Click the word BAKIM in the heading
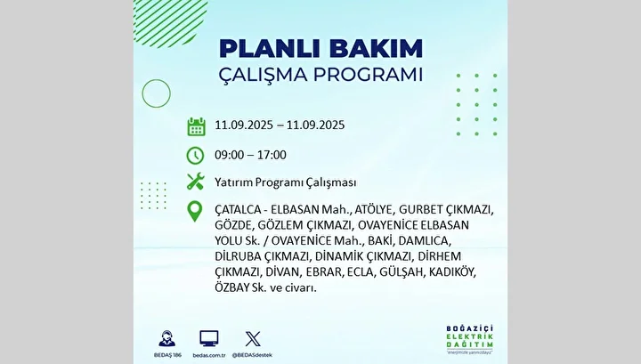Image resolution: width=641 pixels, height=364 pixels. click(x=376, y=49)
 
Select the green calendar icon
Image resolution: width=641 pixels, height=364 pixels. click(x=196, y=126)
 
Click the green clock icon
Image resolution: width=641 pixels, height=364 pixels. click(x=195, y=156)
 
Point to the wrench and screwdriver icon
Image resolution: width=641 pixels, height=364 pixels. click(x=195, y=182)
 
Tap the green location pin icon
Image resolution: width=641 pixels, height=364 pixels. click(x=195, y=212)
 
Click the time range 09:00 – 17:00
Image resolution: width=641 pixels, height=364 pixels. click(x=250, y=155)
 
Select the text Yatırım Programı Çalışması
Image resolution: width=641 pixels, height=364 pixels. click(x=286, y=182)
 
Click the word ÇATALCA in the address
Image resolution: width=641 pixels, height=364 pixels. click(x=238, y=209)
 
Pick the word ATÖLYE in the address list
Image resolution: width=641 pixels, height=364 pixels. click(x=374, y=209)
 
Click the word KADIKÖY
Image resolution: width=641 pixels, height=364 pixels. click(x=452, y=271)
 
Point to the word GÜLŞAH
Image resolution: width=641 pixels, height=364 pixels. click(x=401, y=271)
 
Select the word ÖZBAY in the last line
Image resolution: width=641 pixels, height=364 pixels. click(x=232, y=287)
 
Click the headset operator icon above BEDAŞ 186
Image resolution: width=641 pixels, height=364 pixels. click(x=166, y=339)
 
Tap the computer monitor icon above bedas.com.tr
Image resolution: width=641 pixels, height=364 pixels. click(x=209, y=339)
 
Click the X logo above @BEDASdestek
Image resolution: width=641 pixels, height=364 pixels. click(x=253, y=339)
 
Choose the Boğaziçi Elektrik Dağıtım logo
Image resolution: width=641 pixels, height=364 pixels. click(x=470, y=339)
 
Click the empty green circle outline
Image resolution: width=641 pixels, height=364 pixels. click(x=142, y=93)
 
